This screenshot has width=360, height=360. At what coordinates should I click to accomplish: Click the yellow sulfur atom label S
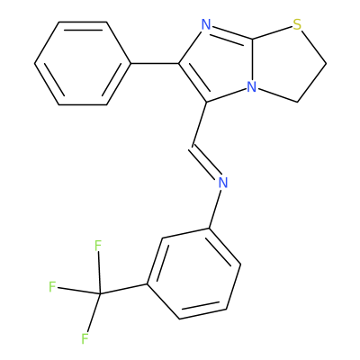coord(297,24)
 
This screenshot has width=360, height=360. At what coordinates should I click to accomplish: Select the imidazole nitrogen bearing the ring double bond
coord(206,24)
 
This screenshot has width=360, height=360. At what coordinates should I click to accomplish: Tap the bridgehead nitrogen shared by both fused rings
coord(252,87)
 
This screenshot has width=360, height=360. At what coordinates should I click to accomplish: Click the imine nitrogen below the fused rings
coord(222,183)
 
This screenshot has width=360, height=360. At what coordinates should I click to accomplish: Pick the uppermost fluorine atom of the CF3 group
coord(98,246)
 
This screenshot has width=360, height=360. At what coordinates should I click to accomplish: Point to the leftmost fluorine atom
coord(52,287)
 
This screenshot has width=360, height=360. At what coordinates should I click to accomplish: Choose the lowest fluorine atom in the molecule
coord(85,338)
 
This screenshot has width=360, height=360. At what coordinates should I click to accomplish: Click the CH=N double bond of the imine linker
coord(206,162)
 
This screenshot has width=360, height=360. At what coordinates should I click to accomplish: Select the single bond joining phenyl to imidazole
coord(155,64)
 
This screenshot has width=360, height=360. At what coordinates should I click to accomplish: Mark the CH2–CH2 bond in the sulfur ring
coord(312,83)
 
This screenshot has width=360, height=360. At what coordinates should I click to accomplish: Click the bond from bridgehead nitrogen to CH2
coord(278,95)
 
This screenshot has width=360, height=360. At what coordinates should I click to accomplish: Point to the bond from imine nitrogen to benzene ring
coord(215,209)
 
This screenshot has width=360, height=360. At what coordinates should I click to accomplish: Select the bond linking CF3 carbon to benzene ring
coord(123,289)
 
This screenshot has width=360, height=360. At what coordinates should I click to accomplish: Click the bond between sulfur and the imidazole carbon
coord(272,32)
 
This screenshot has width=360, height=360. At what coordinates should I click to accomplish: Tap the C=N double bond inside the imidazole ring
coord(231,33)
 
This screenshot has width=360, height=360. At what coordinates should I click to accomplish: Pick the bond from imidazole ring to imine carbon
coord(199,124)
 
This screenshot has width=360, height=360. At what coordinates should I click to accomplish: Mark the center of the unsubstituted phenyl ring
coord(83,64)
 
